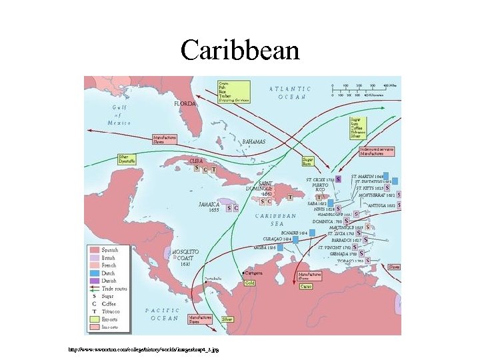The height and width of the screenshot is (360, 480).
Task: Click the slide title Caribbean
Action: coord(240,49)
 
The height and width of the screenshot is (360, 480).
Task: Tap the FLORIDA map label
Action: coord(185,105)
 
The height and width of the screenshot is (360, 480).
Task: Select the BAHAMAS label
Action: coord(253,142)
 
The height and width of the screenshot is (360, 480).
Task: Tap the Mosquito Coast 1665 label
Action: coord(185,257)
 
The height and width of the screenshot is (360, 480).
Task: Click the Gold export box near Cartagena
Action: coord(249,283)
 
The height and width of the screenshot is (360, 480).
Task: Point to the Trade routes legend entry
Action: coord(109,289)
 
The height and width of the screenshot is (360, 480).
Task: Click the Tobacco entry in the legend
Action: coord(109,311)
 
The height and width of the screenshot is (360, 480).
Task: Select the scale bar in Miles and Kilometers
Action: coord(364,90)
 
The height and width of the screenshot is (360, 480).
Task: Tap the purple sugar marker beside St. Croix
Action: coord(339,179)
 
